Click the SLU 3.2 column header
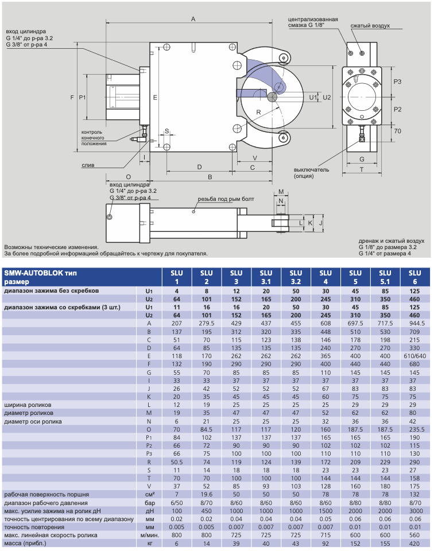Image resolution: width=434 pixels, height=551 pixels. pyautogui.click(x=296, y=277)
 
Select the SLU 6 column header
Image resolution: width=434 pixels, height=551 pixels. pyautogui.click(x=414, y=277)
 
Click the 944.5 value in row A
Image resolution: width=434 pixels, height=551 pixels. pyautogui.click(x=414, y=323)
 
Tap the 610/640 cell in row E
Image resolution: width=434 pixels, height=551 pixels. pyautogui.click(x=414, y=356)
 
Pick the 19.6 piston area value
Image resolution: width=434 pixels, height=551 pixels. pyautogui.click(x=206, y=494)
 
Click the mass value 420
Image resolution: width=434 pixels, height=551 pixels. pyautogui.click(x=414, y=544)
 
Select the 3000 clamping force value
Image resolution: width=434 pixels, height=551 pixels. pyautogui.click(x=414, y=511)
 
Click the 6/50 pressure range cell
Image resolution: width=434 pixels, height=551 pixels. pyautogui.click(x=177, y=503)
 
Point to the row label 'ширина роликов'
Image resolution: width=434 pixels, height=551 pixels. pyautogui.click(x=28, y=405)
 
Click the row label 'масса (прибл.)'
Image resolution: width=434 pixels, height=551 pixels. pyautogui.click(x=25, y=544)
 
